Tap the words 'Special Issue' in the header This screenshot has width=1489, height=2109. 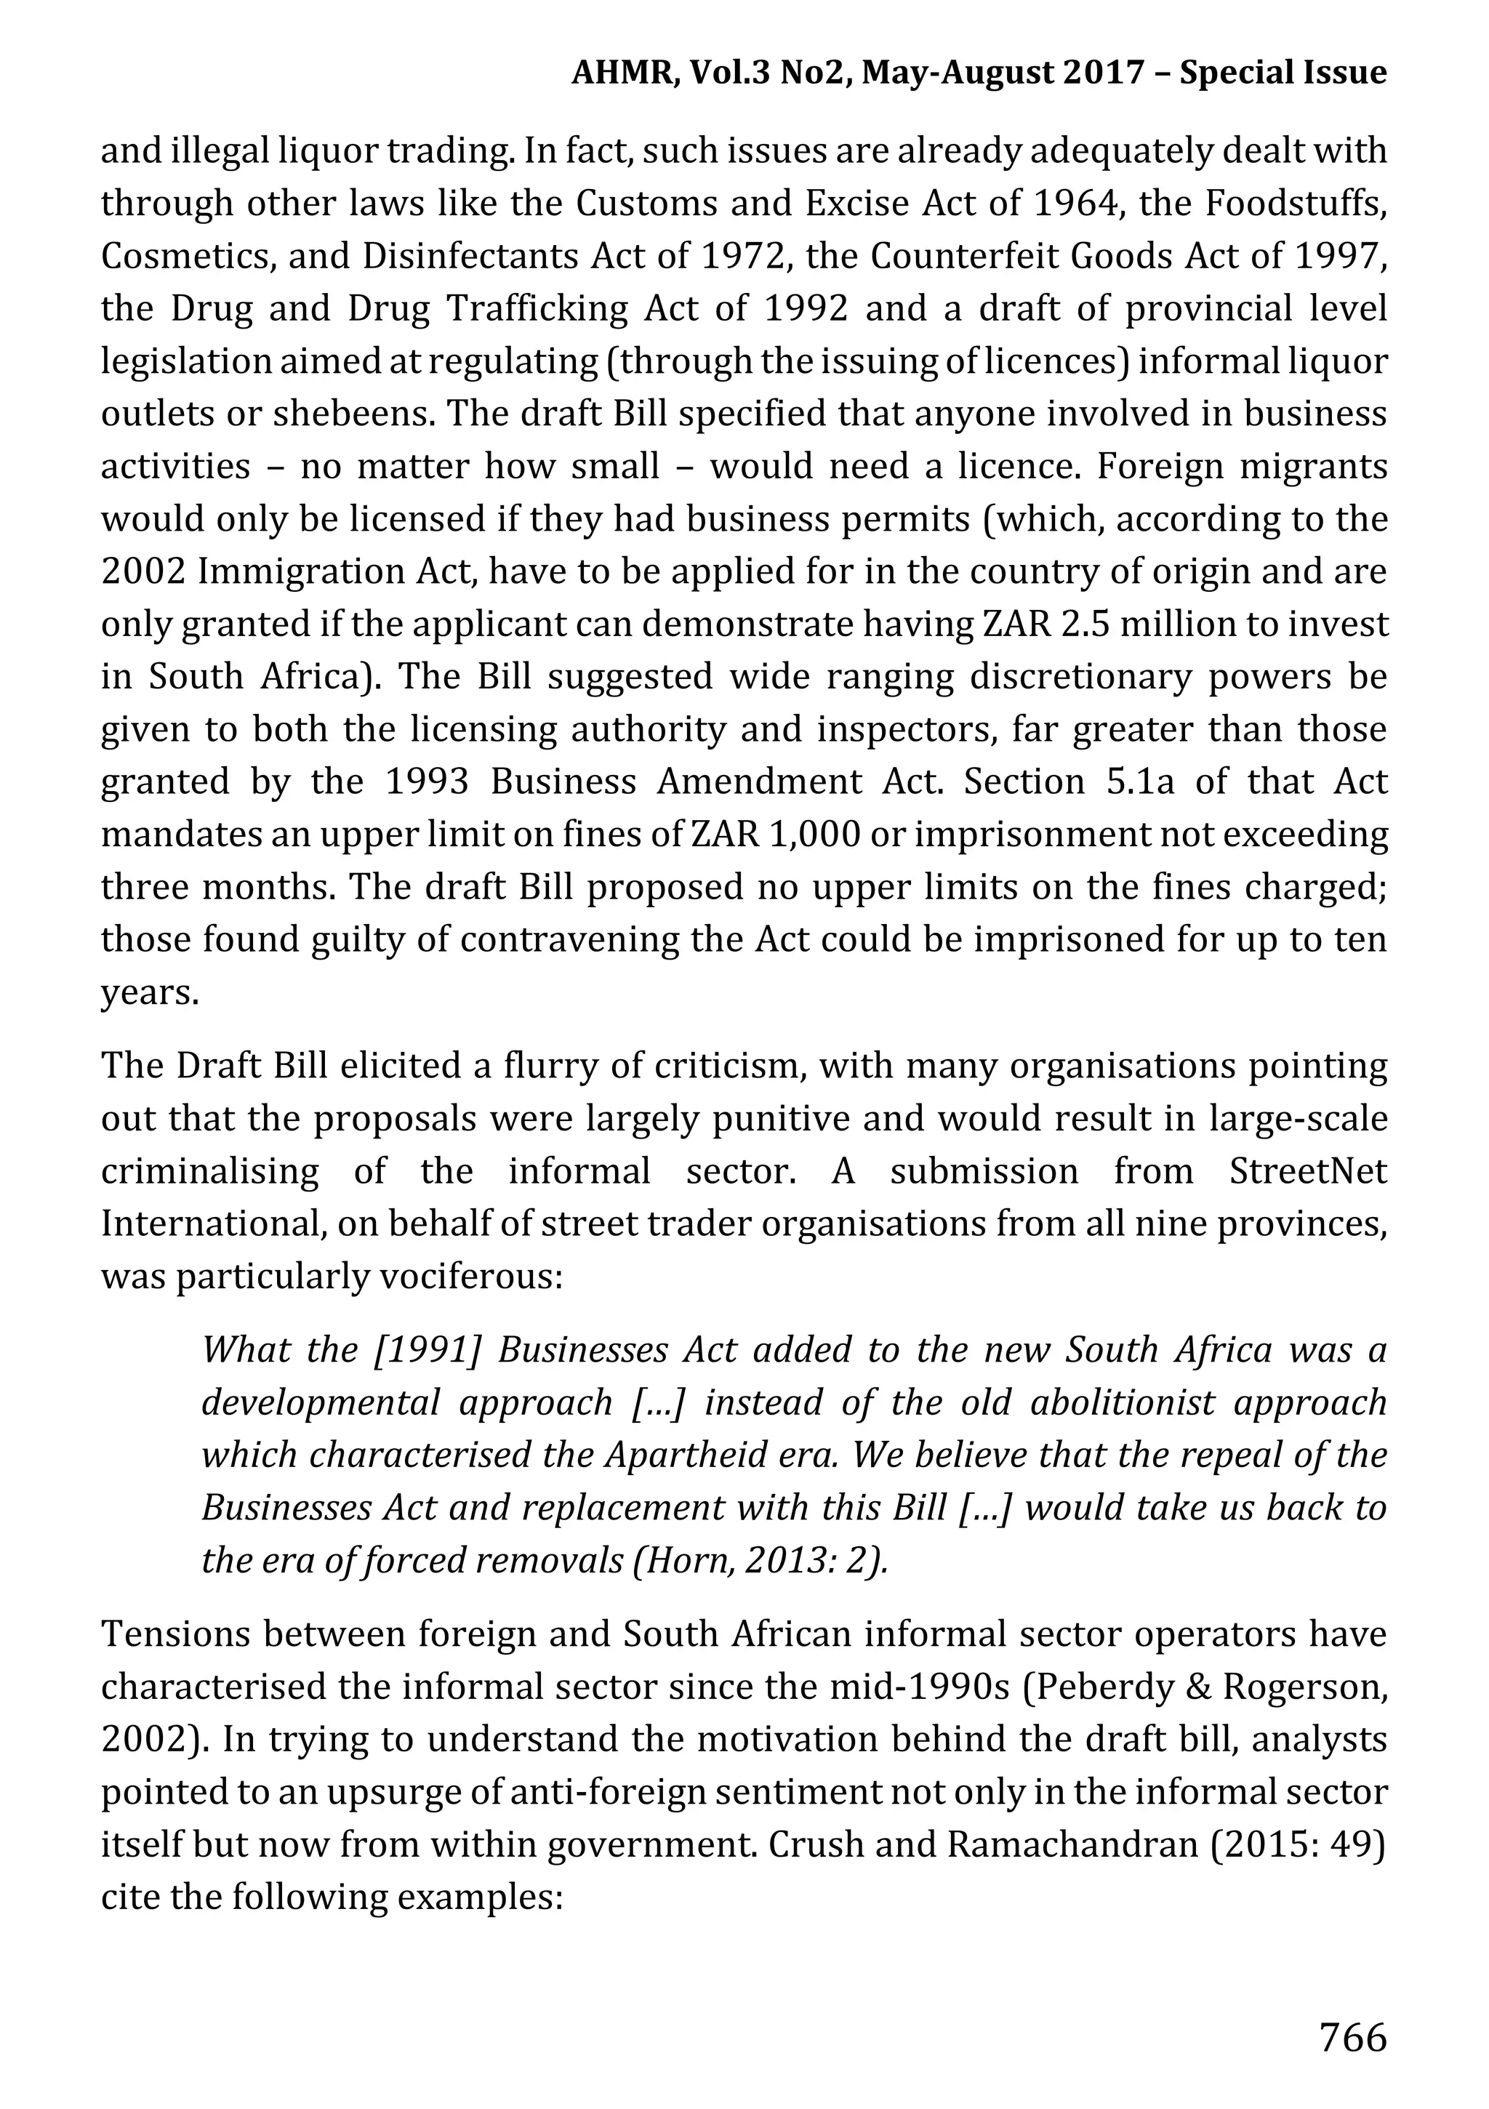(x=1283, y=72)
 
